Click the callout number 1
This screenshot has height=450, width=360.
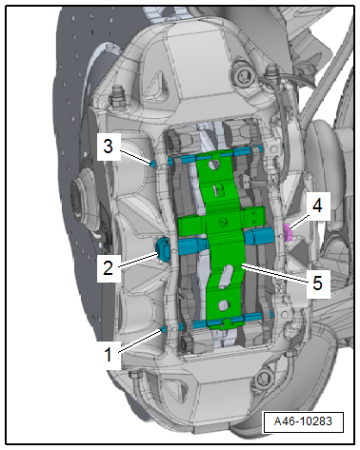point(109,354)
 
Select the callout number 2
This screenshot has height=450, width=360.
point(108,268)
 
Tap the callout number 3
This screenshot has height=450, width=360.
point(108,147)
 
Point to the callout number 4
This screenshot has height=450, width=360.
point(317,205)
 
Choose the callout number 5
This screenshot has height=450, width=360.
point(317,283)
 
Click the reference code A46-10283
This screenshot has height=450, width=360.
point(303,421)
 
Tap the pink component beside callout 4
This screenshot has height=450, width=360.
point(288,232)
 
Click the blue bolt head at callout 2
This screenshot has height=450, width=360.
point(163,249)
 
